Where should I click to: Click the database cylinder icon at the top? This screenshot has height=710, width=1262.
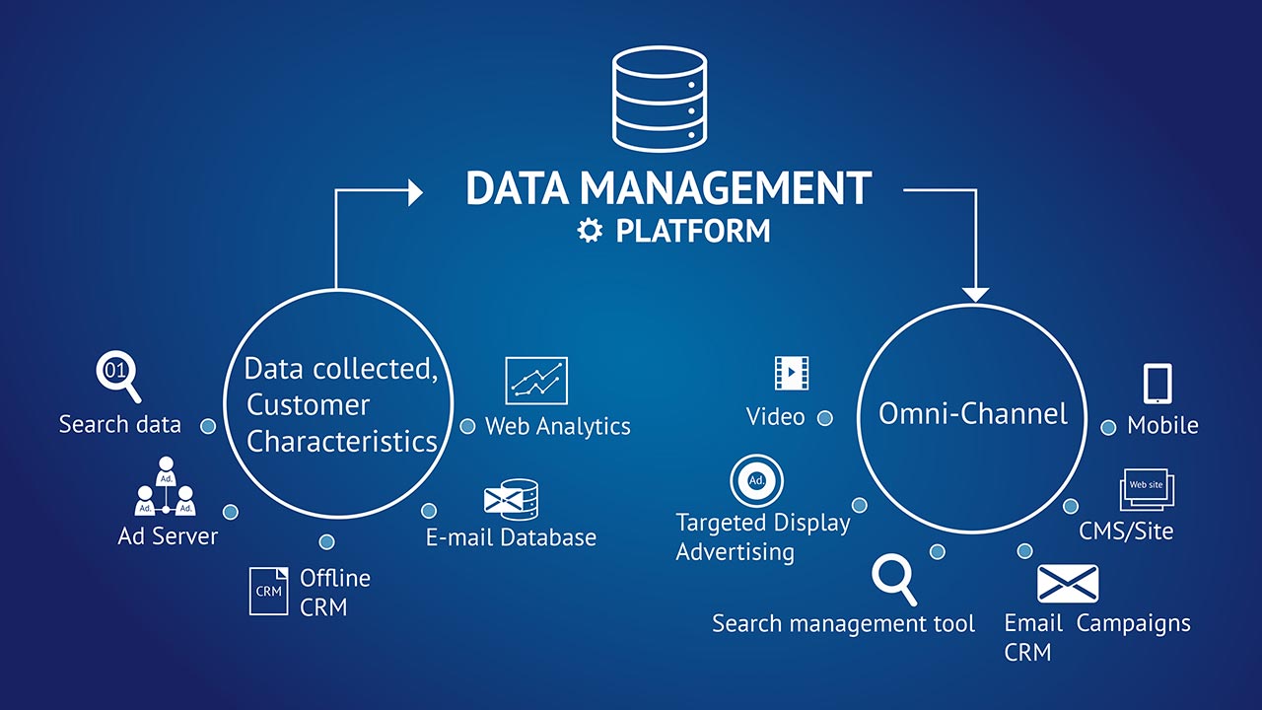[x=660, y=102]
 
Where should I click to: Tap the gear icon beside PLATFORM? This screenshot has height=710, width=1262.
[x=590, y=231]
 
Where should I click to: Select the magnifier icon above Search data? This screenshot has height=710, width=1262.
[x=117, y=376]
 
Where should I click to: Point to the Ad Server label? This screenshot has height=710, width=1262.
[x=168, y=536]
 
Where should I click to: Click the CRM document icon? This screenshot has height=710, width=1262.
[x=268, y=591]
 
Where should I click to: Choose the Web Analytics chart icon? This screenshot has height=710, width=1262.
[x=536, y=381]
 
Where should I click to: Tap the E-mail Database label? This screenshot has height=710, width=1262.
[x=511, y=537]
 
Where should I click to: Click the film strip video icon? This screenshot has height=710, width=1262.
[x=791, y=373]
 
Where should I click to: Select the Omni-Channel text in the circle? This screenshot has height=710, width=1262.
[x=973, y=413]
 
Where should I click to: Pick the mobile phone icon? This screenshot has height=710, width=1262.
[x=1157, y=383]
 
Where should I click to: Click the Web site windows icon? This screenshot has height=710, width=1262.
[x=1147, y=490]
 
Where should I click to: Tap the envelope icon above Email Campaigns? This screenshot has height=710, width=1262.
[x=1068, y=584]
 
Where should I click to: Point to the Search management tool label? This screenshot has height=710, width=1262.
[x=843, y=623]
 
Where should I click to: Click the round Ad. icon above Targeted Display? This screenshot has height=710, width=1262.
[x=756, y=481]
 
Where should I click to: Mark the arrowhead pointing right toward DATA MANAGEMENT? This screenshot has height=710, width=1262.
[x=415, y=191]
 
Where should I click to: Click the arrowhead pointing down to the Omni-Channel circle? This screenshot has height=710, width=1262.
[x=975, y=294]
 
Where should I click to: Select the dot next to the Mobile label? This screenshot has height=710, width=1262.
[x=1108, y=427]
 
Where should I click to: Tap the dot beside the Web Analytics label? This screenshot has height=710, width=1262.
[x=467, y=427]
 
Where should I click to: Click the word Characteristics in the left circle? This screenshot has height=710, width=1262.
[x=342, y=441]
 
